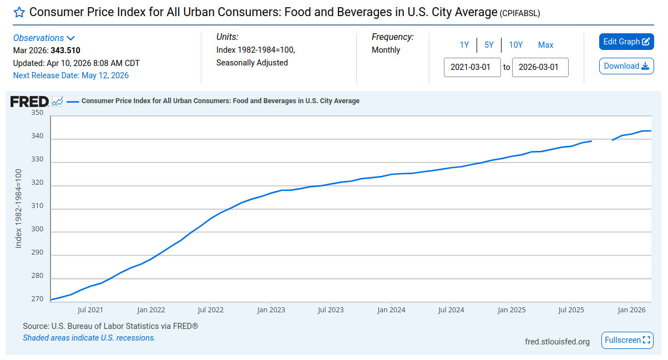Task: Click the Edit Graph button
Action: tap(626, 42)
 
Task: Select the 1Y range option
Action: tap(464, 45)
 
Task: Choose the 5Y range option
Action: tap(489, 45)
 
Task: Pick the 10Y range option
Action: tap(515, 45)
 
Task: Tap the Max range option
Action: tap(545, 45)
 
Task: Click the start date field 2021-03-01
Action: tap(472, 68)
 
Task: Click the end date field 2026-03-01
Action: tap(540, 68)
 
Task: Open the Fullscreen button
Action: tap(627, 340)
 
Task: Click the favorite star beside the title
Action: tap(19, 12)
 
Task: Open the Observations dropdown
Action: tap(44, 38)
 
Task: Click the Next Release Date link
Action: tap(71, 75)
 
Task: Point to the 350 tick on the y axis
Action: tap(37, 113)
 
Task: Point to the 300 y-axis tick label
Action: tap(37, 229)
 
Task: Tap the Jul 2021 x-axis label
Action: tap(90, 310)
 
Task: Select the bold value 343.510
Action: tap(65, 50)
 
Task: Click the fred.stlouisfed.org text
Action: tap(557, 342)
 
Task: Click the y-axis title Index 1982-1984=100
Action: tap(18, 209)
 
